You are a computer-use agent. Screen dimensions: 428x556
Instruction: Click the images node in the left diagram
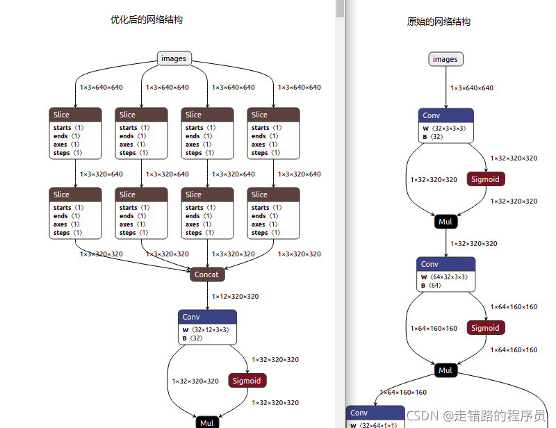click(174, 58)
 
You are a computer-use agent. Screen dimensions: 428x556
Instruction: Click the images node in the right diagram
click(445, 59)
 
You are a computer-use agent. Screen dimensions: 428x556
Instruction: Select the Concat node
click(206, 274)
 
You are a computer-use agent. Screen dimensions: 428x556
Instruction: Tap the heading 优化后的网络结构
click(147, 20)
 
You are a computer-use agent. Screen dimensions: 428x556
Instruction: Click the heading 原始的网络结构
click(439, 22)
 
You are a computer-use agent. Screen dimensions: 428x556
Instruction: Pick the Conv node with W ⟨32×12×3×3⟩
click(207, 327)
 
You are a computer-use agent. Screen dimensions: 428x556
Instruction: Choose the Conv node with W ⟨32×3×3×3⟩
click(446, 126)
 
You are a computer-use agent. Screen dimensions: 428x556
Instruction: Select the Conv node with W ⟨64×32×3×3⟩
click(446, 274)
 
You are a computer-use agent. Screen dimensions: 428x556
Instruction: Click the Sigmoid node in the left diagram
click(247, 381)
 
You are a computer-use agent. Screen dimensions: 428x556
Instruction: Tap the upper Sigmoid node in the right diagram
click(485, 179)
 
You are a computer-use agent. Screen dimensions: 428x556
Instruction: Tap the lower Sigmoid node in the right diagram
click(485, 328)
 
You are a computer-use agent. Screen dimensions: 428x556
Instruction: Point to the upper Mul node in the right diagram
click(445, 222)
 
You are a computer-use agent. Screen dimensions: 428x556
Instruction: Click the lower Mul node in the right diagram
click(445, 370)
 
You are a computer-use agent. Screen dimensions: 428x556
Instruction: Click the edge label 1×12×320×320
click(235, 297)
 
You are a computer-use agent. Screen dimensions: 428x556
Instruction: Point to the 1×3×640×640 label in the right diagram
click(472, 88)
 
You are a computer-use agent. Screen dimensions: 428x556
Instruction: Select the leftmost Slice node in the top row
click(76, 133)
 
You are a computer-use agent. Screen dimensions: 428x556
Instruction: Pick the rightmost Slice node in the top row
click(273, 133)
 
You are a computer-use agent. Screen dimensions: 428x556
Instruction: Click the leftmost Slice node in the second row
click(76, 213)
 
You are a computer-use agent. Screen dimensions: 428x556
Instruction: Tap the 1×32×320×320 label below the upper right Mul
click(473, 244)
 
